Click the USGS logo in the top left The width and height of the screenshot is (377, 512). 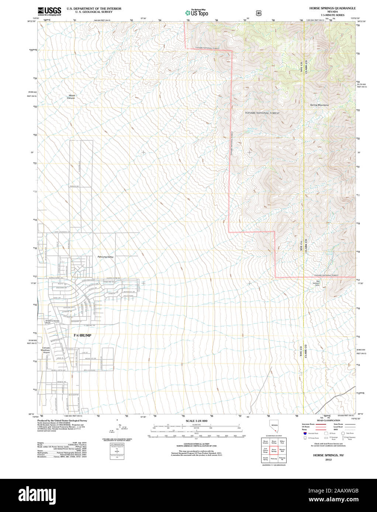[49, 11]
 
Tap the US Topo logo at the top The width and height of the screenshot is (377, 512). [197, 13]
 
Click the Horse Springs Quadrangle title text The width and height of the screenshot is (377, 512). [332, 8]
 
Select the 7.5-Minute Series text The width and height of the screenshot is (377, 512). [332, 15]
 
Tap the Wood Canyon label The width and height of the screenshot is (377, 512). [71, 97]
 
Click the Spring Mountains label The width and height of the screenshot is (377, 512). [319, 105]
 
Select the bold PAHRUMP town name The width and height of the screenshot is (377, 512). [82, 336]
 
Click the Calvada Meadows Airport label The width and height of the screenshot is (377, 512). [46, 350]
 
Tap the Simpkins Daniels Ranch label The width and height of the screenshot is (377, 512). [52, 322]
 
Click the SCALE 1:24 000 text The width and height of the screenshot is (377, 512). [196, 421]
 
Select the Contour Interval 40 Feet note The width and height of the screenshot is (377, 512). [196, 445]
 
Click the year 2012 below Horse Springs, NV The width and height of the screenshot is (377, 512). [328, 459]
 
